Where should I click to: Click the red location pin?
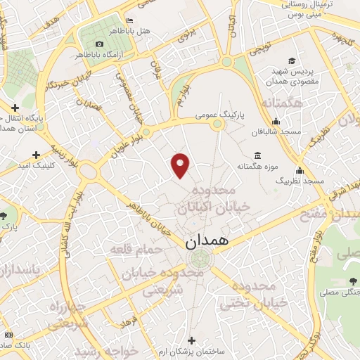(x=181, y=165)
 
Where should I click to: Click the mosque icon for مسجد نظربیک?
(x=300, y=170)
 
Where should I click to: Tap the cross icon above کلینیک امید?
(x=36, y=154)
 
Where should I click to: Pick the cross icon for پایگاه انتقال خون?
(x=14, y=108)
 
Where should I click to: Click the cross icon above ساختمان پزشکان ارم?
(x=191, y=340)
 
